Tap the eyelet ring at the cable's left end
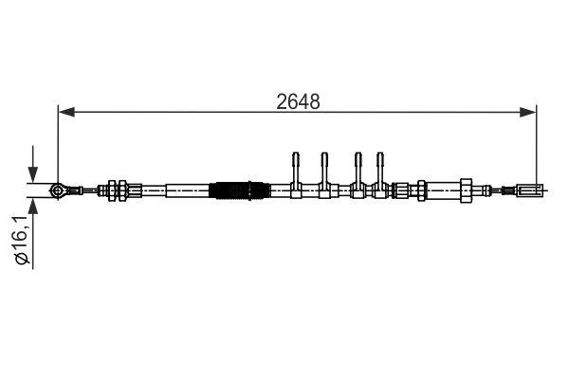coord(59,190)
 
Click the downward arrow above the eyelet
coord(34,173)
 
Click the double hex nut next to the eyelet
coord(119,190)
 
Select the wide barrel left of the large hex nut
coord(440,190)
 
